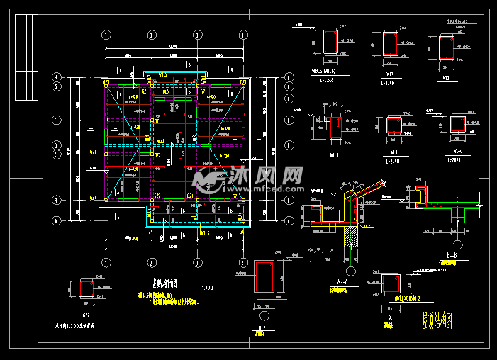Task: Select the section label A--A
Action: [x=342, y=281]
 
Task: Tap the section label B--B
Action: [x=446, y=254]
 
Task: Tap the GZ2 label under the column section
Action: [x=85, y=315]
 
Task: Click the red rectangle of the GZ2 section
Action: [x=85, y=288]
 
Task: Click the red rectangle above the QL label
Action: [x=390, y=283]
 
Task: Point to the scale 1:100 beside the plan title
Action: [x=207, y=288]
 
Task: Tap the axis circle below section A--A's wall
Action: [x=350, y=271]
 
